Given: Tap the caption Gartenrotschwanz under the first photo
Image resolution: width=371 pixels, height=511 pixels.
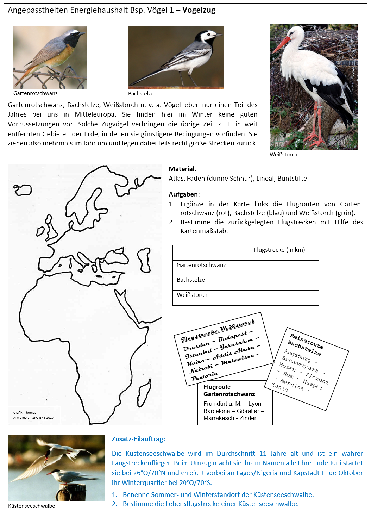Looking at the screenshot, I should pos(35,93).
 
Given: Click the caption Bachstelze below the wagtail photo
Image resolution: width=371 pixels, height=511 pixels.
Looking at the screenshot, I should pos(141,94).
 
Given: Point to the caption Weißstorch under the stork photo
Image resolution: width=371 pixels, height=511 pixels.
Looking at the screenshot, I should pos(283,155).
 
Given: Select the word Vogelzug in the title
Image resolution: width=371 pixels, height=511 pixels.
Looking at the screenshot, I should pos(199,10).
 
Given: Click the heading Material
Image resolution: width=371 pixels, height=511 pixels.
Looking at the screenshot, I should pos(182,169).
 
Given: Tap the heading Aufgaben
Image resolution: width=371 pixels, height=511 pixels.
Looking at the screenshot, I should pos(183,194).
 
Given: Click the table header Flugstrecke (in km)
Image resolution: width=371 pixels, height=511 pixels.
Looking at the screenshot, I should pos(279,250).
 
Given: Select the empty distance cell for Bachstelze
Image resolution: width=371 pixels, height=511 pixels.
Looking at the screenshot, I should pos(279,283).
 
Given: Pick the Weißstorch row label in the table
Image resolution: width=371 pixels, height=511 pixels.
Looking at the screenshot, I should pos(192,295).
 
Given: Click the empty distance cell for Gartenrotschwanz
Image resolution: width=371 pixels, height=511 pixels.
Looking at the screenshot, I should pos(279,268).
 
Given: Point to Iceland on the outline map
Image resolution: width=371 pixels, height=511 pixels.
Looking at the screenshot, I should pos(23,190).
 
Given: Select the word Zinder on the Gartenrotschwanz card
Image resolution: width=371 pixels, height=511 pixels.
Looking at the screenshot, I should pos(248,418).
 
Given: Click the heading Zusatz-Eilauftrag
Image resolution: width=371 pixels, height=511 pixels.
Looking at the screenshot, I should pos(138,439).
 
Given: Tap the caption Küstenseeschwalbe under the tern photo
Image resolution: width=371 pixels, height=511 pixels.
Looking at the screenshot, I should pos(32,506).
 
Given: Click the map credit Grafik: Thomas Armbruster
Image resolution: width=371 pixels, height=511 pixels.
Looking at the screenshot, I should pos(33,415).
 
